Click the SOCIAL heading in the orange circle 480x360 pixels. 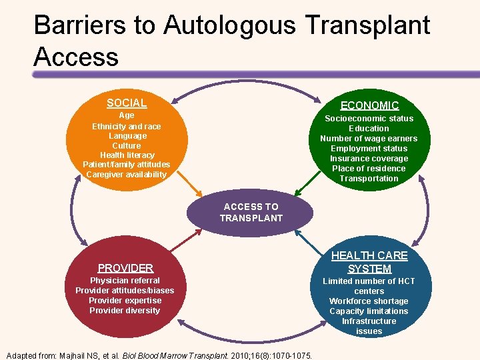click(x=127, y=103)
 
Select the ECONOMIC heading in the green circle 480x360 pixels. click(x=369, y=105)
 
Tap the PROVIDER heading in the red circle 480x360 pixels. click(x=125, y=268)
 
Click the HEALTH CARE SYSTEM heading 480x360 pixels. click(x=369, y=262)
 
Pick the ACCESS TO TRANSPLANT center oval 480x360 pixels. click(x=251, y=212)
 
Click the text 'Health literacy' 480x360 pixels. click(x=127, y=155)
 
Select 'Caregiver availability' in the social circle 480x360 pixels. click(x=127, y=175)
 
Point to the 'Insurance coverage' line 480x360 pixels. click(x=369, y=159)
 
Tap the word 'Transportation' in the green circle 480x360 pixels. click(x=369, y=179)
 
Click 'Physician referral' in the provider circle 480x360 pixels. click(x=125, y=281)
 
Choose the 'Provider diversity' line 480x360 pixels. click(x=125, y=311)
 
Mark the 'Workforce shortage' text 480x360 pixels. click(x=369, y=301)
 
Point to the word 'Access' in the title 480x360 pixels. click(x=76, y=57)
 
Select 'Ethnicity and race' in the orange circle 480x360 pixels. click(x=127, y=126)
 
